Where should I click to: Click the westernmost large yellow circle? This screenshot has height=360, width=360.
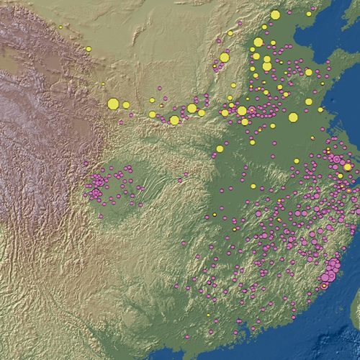tap(113, 104)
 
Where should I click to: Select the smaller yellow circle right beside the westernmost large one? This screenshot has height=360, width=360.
tap(126, 105)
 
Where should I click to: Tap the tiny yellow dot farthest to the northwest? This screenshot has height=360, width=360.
tap(60, 27)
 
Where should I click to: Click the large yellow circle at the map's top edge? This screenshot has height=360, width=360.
tap(275, 14)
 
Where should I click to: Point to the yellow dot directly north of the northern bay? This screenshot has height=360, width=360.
tap(309, 14)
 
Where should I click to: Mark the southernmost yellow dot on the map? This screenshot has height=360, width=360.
tap(207, 315)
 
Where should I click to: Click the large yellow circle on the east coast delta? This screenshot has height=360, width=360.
tap(348, 167)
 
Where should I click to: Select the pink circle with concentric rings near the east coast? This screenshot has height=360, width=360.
tap(336, 159)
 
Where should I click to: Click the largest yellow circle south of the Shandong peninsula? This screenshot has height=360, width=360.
tap(293, 117)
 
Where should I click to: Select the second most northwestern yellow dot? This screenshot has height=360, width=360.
tap(89, 49)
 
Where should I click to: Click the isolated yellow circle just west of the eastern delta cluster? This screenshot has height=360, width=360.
tap(296, 161)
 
